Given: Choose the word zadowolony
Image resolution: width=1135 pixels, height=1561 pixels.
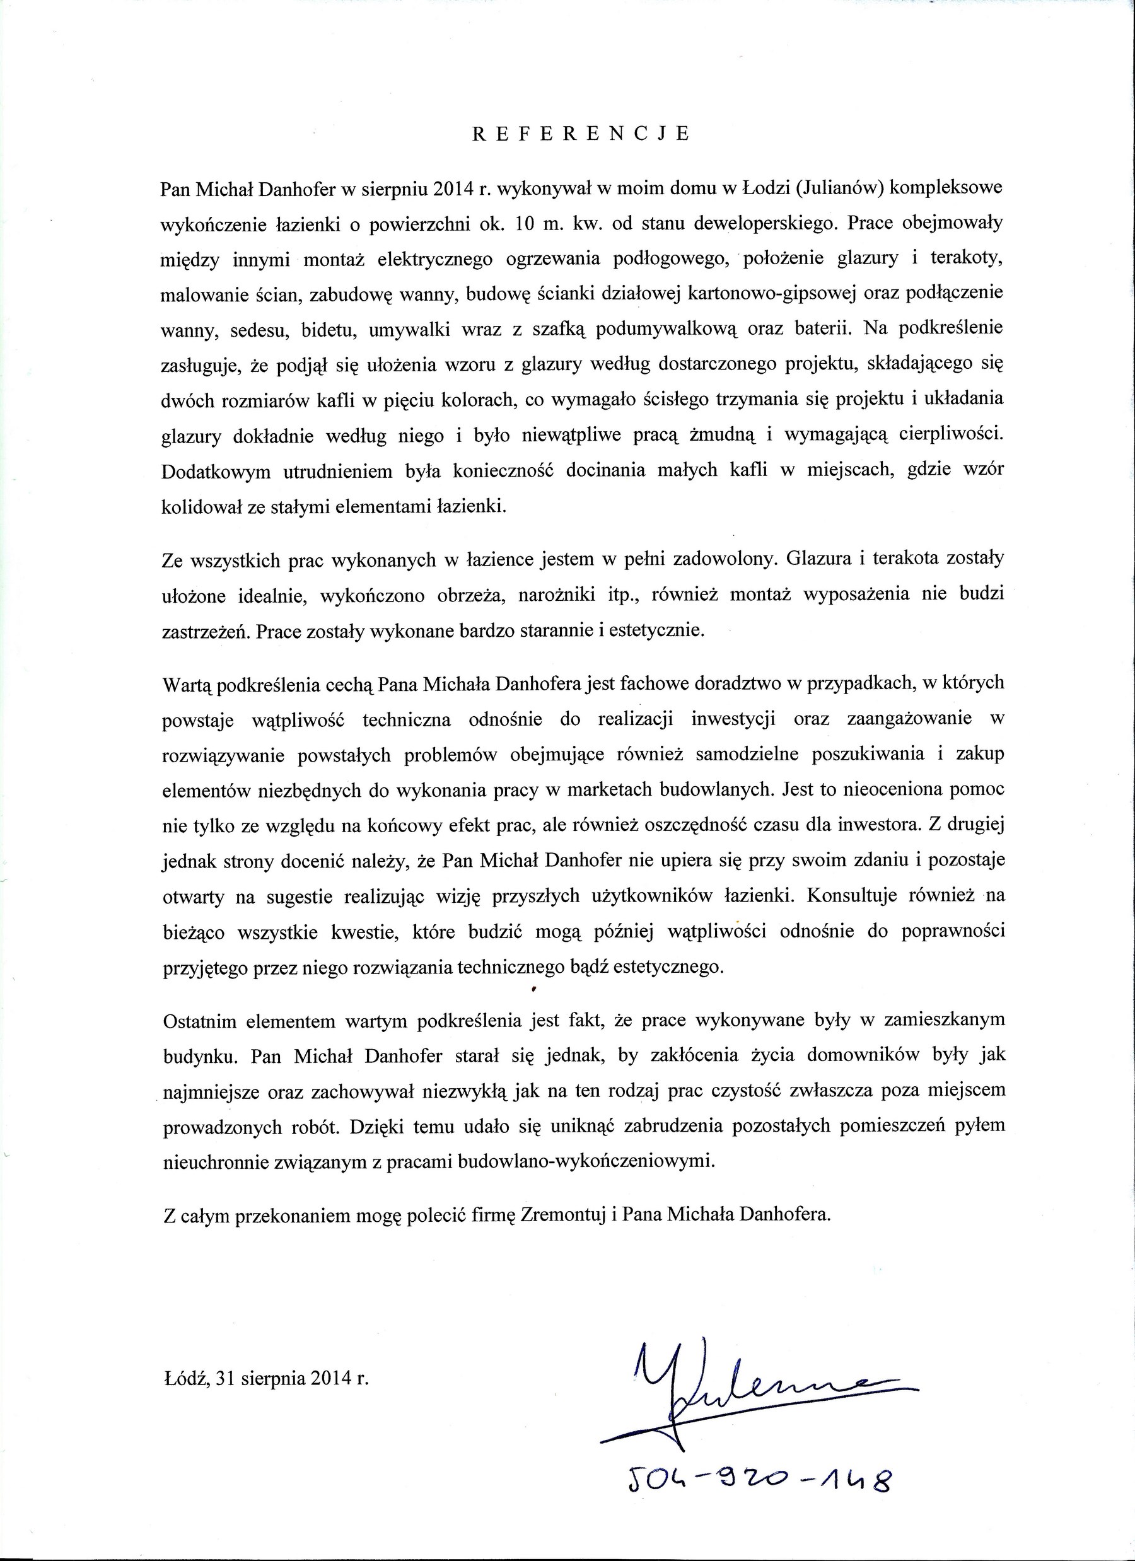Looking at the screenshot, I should (723, 560).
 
